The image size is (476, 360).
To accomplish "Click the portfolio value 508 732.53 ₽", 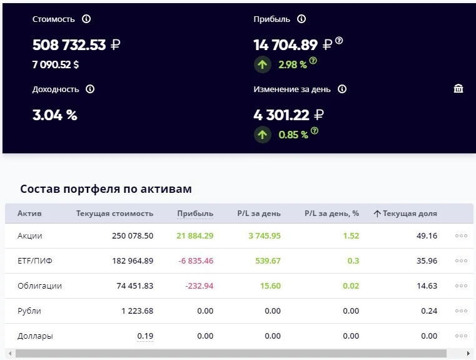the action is tap(76, 45).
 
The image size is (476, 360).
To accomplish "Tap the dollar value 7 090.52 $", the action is tap(56, 64).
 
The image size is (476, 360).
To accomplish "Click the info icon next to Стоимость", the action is tap(86, 19).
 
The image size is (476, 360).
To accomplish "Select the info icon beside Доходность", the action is tap(90, 89).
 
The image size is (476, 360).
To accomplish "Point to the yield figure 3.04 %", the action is tap(54, 115).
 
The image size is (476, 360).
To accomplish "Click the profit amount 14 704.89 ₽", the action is tap(293, 45).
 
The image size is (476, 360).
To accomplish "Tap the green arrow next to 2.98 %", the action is tap(262, 64).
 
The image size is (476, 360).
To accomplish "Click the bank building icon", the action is tap(458, 88).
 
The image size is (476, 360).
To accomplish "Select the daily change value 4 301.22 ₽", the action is tap(288, 115).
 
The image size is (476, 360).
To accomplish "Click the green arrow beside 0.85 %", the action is tap(262, 135).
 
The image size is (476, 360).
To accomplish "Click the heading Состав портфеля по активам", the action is tap(106, 189).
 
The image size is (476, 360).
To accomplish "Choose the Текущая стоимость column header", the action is tap(114, 213).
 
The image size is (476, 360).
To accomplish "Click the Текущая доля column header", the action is tap(410, 213).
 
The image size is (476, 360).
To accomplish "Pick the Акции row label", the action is tap(30, 236).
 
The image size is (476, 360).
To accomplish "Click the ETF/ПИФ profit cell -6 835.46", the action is tap(196, 260).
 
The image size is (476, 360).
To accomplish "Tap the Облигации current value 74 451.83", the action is tap(134, 286).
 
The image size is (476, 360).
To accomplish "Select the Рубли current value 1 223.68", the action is tap(137, 311).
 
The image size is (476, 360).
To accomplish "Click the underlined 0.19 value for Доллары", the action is tap(145, 336).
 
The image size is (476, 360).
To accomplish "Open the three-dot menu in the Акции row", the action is tap(461, 236).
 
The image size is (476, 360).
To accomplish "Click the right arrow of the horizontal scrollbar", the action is tap(468, 353).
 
